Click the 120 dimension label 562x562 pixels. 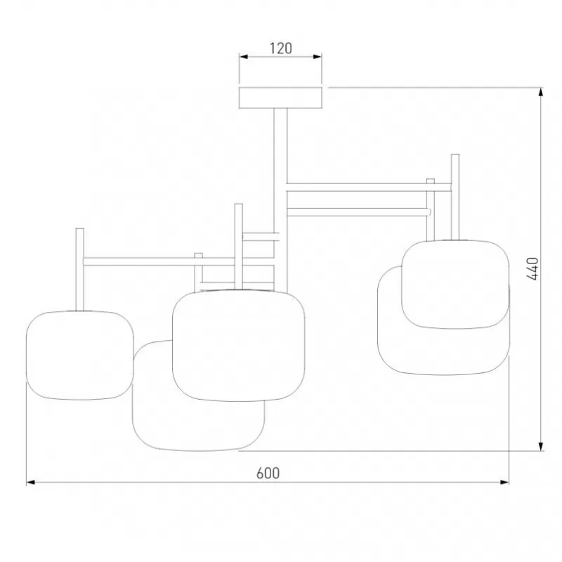pos(280,48)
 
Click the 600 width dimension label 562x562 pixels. pos(268,473)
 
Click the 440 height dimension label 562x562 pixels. pos(532,269)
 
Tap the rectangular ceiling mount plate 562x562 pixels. pos(280,98)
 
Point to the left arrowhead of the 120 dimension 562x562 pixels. pos(244,57)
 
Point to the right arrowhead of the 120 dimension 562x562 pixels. pos(318,57)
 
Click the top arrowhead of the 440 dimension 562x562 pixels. pos(541,92)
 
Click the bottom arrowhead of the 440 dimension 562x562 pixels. pos(541,446)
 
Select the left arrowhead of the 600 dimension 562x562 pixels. pos(31,483)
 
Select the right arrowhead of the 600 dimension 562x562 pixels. pos(504,483)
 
